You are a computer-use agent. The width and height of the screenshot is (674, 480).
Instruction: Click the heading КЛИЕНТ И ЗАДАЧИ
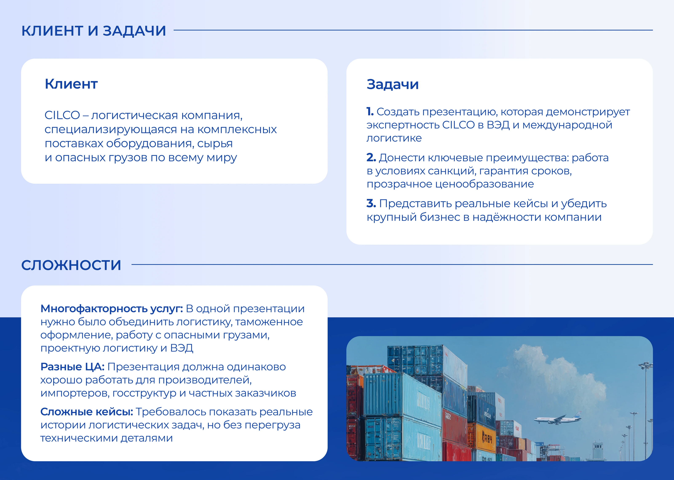pyautogui.click(x=94, y=31)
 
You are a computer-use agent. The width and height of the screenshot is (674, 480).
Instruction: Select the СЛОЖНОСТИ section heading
pyautogui.click(x=71, y=265)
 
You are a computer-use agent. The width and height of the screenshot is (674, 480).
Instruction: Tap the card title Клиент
pyautogui.click(x=71, y=84)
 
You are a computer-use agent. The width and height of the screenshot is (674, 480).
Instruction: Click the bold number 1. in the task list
pyautogui.click(x=370, y=112)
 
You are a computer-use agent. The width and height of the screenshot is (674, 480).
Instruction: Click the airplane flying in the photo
pyautogui.click(x=558, y=418)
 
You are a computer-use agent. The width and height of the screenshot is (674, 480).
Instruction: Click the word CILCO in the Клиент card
pyautogui.click(x=62, y=115)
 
